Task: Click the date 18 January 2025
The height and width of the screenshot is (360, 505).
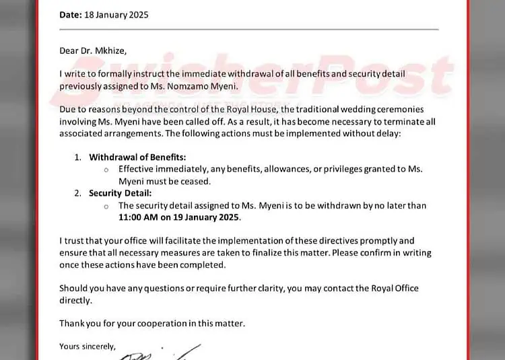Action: (x=116, y=15)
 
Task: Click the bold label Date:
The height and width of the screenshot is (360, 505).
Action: (x=71, y=15)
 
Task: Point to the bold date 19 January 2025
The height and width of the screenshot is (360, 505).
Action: (x=206, y=217)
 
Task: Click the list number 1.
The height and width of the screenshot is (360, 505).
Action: (x=77, y=157)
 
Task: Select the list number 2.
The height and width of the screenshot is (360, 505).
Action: (x=77, y=193)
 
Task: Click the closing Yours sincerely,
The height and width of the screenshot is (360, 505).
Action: (x=87, y=347)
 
